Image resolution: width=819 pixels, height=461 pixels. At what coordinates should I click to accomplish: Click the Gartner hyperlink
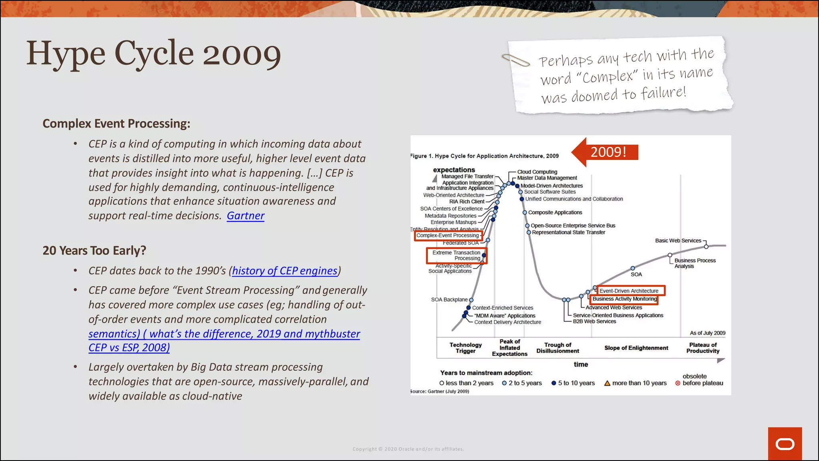coord(245,216)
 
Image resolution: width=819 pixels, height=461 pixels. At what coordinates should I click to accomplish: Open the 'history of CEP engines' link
coord(284,271)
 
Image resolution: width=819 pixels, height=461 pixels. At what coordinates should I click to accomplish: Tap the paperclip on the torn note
coord(515,60)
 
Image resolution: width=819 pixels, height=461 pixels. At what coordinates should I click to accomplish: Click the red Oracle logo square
coord(785,444)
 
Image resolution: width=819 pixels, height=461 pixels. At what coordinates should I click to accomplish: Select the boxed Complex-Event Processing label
coord(448,236)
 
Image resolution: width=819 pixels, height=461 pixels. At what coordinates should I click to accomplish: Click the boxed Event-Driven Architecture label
coord(629,291)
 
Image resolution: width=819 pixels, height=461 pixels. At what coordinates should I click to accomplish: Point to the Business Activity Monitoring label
coord(624,299)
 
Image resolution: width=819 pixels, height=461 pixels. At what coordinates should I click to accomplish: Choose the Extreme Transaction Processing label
coord(456,255)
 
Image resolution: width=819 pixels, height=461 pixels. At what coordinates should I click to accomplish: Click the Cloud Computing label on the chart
coord(537,172)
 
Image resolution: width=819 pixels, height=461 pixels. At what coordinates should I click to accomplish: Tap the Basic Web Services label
coord(678,241)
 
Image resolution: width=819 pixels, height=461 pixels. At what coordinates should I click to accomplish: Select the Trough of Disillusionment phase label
coord(557,348)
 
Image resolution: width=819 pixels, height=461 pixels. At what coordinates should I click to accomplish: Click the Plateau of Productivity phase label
coord(703,348)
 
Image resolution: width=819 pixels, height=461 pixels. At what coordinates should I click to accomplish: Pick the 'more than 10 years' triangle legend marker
coord(607,383)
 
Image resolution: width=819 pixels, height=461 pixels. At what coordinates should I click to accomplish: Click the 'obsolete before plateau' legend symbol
coord(678,383)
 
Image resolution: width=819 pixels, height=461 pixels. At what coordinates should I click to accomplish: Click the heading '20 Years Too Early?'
coord(94,251)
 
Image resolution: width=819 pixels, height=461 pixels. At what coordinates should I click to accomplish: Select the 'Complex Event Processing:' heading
coord(116,124)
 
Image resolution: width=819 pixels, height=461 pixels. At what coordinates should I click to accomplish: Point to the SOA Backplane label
coord(449,300)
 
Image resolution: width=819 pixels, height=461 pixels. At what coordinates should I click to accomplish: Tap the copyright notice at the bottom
coord(408,449)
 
